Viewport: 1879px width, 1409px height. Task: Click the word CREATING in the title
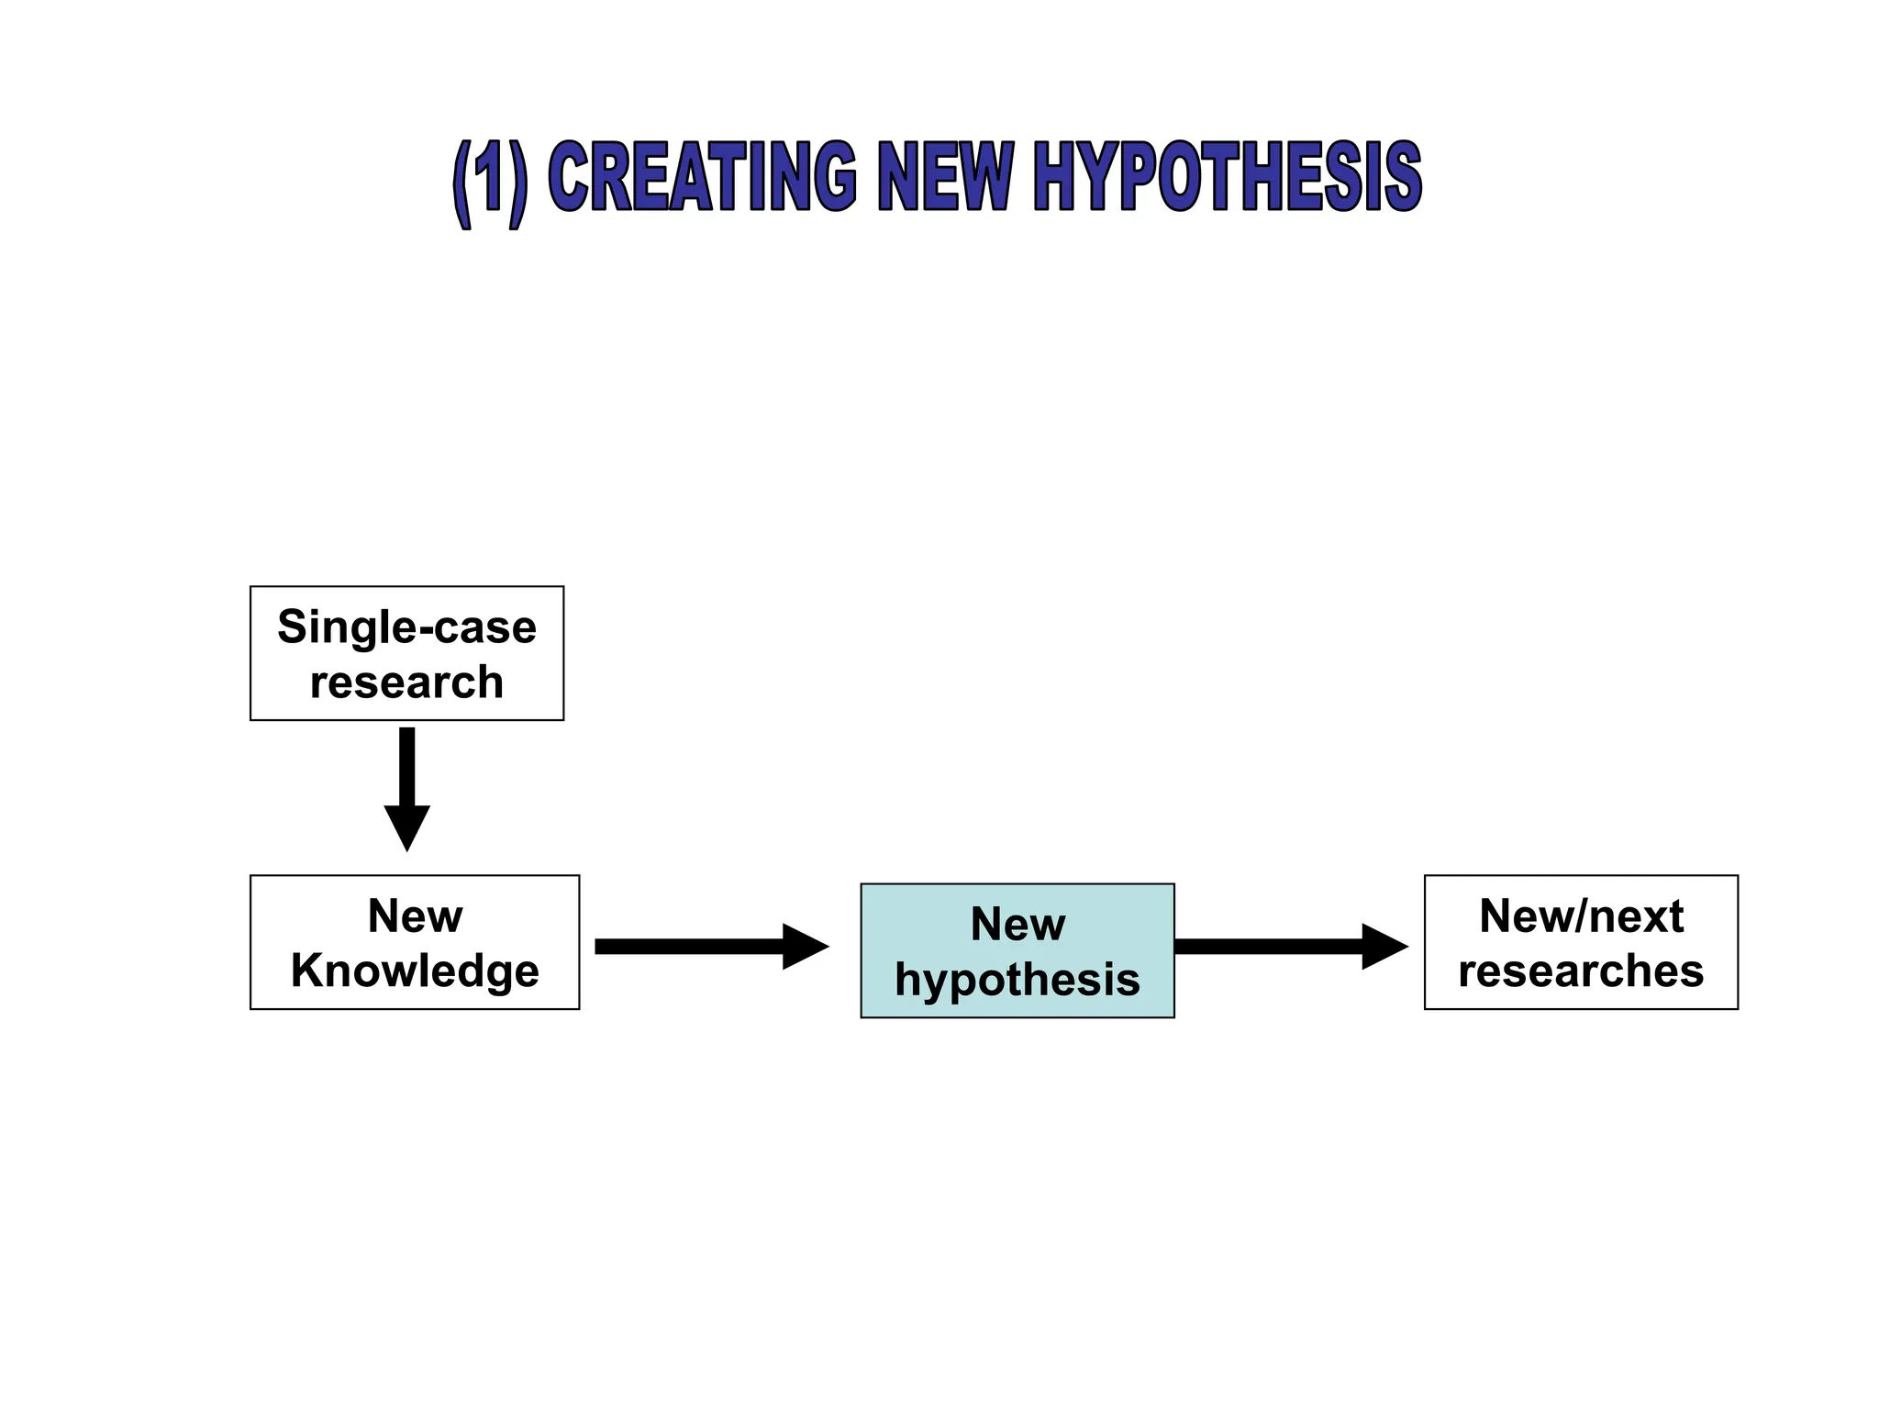(701, 177)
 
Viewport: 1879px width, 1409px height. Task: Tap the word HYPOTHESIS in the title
(1227, 177)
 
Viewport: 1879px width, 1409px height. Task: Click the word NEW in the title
(945, 177)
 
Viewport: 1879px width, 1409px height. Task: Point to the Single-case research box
(406, 653)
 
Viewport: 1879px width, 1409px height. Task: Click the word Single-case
(406, 627)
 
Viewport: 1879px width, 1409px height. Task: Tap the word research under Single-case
(406, 682)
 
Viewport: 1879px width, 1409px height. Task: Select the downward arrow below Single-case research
(406, 780)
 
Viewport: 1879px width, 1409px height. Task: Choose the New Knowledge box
(415, 942)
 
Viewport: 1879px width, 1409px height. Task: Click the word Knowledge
(415, 971)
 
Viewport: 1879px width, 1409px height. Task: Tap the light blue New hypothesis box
(1017, 950)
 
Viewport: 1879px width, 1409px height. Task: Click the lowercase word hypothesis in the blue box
(1017, 980)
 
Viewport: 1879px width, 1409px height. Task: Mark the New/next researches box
(1580, 942)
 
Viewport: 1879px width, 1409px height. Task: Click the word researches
(1580, 971)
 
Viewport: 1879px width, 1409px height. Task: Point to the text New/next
(1580, 915)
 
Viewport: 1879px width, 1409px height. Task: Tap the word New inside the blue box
(1017, 924)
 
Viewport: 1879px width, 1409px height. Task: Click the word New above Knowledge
(415, 915)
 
